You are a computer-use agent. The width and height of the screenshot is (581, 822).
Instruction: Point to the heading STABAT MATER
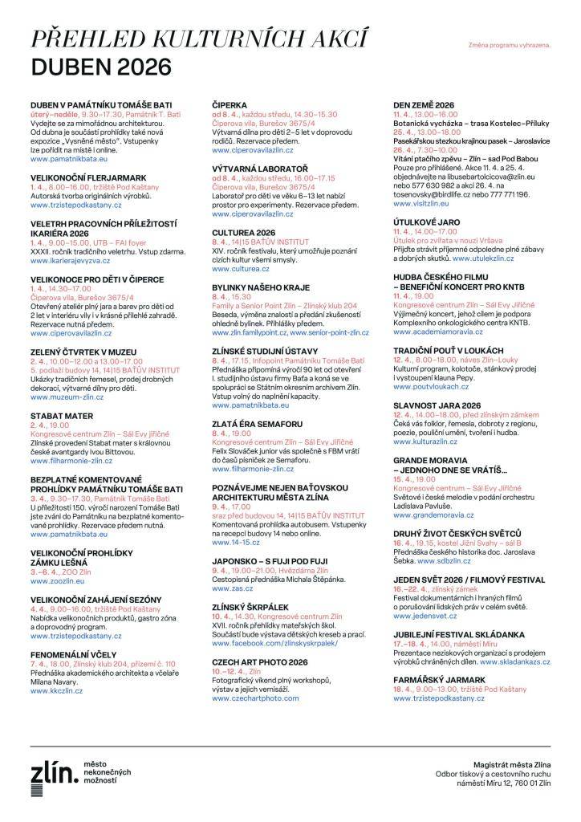[x=57, y=416]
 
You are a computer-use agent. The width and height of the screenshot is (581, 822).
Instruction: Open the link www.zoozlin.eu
[x=57, y=557]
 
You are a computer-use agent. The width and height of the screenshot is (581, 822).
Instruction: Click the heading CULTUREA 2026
[x=244, y=231]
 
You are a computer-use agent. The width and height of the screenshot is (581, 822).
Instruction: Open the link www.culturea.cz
[x=241, y=270]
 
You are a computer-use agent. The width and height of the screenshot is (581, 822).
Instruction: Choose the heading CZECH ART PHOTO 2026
[x=261, y=661]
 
